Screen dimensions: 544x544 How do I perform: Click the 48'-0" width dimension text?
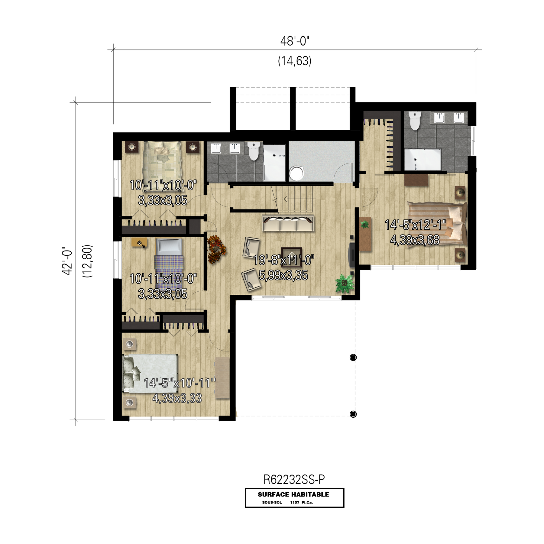295,41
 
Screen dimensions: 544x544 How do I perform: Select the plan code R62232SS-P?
294,479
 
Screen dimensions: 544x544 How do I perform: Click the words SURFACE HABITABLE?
293,494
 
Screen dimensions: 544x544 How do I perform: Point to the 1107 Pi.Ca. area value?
301,503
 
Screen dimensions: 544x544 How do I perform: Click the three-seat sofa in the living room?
288,223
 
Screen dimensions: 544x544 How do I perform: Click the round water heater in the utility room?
296,173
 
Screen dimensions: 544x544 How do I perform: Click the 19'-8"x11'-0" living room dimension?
283,260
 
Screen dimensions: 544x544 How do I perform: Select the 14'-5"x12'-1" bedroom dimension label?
415,225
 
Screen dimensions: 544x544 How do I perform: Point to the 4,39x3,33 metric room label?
177,398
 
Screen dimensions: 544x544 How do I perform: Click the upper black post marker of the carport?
353,358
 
